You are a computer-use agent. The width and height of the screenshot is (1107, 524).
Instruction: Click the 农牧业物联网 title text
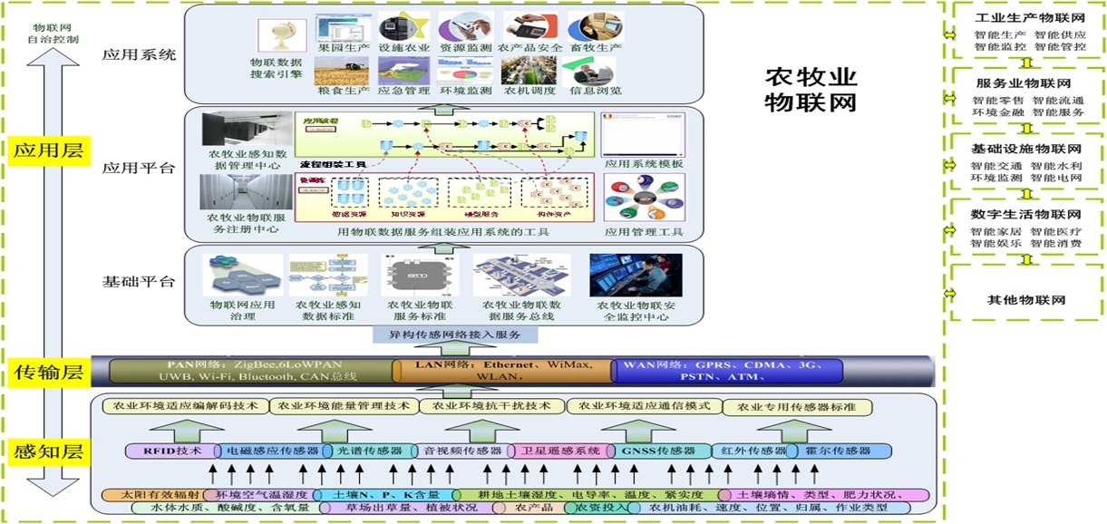(811, 89)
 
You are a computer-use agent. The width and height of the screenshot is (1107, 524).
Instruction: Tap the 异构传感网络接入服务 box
(455, 335)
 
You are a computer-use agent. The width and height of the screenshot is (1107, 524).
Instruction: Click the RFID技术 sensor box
(172, 451)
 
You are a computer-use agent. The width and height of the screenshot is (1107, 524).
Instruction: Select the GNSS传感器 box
(658, 451)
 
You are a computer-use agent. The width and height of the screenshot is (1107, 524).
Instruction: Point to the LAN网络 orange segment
(503, 371)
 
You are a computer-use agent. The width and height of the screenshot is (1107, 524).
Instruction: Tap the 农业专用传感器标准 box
(801, 407)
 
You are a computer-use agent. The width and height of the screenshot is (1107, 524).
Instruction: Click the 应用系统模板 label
(644, 164)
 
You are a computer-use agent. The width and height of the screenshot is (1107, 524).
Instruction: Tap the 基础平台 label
(139, 281)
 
